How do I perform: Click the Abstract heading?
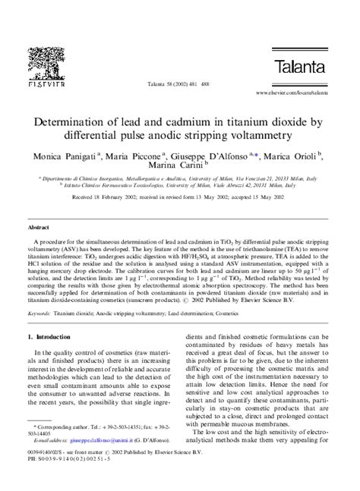[x=39, y=227]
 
